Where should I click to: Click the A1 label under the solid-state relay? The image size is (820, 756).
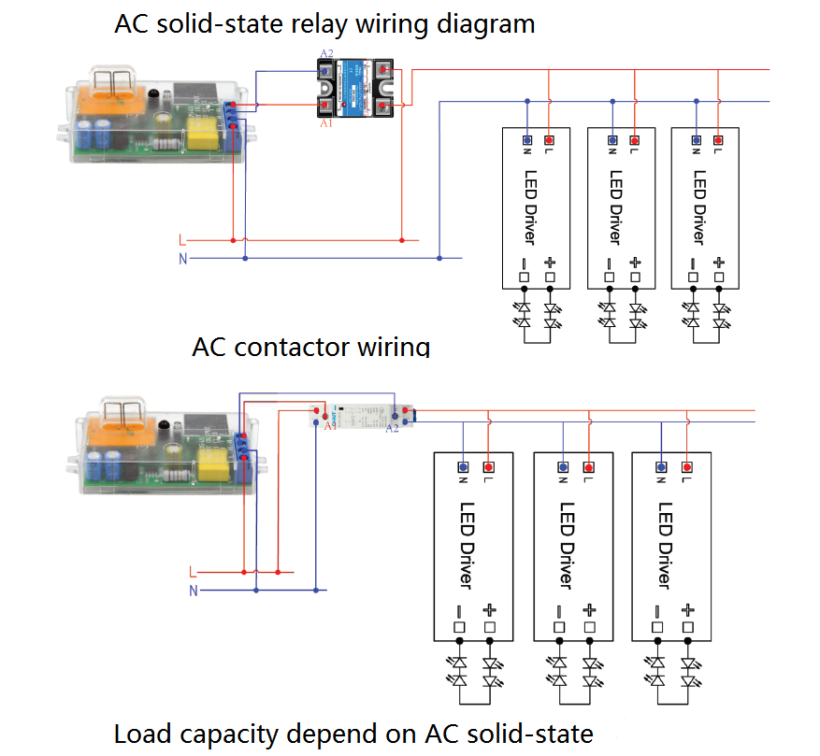tap(325, 123)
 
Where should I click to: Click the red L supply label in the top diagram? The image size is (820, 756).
tap(183, 240)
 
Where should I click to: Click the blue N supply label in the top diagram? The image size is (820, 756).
tap(183, 258)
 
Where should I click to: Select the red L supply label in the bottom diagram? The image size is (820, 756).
tap(193, 571)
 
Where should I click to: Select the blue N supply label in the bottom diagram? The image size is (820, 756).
tap(194, 591)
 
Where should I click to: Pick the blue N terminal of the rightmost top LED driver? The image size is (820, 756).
tap(696, 140)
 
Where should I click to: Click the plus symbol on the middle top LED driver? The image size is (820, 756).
tap(635, 263)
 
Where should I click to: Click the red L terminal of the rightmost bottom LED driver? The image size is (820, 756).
tap(686, 465)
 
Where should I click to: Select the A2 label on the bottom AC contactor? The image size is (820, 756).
tap(392, 428)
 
